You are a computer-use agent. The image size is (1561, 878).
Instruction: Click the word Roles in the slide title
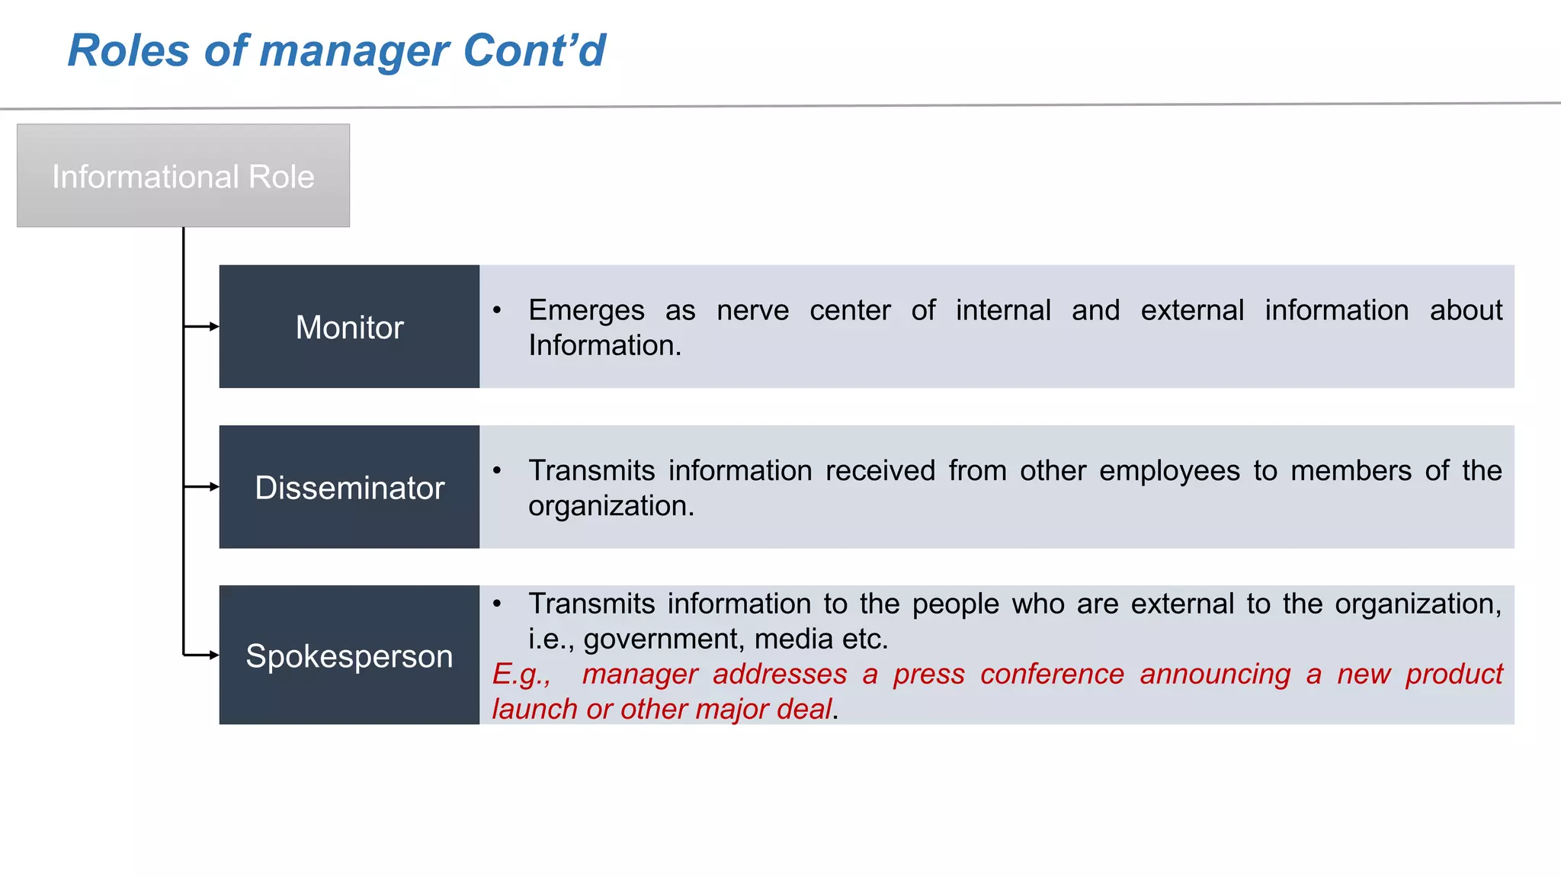[x=128, y=51]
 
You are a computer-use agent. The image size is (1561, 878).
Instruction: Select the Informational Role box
[x=183, y=176]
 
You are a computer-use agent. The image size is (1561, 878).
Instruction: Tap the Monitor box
[x=349, y=327]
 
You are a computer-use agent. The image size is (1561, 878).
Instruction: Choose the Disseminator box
[x=349, y=487]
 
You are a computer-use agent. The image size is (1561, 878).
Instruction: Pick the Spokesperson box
[x=349, y=655]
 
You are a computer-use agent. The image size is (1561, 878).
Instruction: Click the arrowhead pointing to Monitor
[x=214, y=327]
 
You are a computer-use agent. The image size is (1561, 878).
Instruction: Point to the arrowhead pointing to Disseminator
[x=214, y=487]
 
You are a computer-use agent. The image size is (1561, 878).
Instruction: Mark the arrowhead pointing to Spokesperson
[x=214, y=655]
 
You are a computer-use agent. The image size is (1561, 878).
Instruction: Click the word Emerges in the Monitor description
[x=586, y=311]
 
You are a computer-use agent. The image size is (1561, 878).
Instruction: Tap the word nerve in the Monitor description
[x=752, y=311]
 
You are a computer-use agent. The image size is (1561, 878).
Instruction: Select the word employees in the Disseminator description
[x=1169, y=471]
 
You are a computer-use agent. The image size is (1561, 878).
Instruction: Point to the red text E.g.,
[x=521, y=675]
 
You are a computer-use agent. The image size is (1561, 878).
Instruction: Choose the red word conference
[x=1052, y=675]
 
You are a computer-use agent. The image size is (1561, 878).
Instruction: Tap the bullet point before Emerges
[x=497, y=310]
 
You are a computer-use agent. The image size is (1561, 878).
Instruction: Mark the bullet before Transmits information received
[x=497, y=470]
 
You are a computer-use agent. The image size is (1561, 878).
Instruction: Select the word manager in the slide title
[x=354, y=51]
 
